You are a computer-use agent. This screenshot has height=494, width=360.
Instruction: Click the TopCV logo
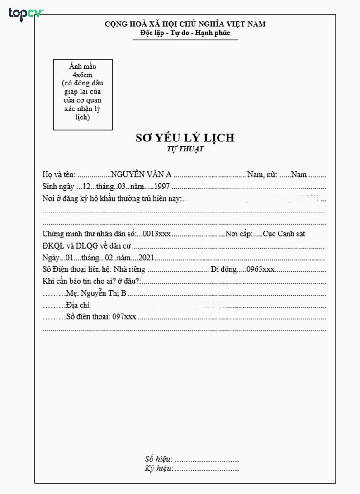26,14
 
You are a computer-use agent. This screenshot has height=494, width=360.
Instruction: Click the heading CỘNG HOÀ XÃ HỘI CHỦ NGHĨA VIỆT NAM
185,24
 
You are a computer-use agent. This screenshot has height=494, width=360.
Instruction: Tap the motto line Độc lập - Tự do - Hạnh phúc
185,33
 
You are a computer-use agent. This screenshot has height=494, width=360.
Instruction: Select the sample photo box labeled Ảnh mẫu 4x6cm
83,94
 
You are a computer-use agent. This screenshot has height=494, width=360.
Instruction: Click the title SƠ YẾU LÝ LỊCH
185,138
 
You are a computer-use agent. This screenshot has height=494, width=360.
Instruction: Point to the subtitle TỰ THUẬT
185,150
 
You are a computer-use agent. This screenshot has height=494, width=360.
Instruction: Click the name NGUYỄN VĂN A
142,174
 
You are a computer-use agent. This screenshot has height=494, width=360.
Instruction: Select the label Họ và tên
59,174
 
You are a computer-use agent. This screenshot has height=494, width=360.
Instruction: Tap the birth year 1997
162,186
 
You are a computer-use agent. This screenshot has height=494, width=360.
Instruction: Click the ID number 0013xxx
156,234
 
